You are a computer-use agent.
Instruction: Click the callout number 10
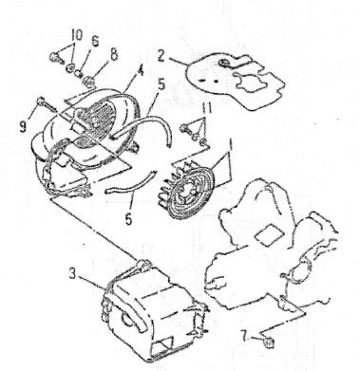(76, 35)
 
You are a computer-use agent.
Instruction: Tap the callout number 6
(95, 41)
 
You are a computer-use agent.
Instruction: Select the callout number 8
(114, 54)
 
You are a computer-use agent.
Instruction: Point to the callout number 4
(140, 69)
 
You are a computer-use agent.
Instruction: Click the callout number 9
(23, 126)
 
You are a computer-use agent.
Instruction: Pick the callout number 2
(161, 57)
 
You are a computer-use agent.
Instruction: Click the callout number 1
(231, 145)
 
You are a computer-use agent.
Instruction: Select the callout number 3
(73, 273)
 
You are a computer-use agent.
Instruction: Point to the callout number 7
(245, 336)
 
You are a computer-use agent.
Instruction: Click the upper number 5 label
(161, 85)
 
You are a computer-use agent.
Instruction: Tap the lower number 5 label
(128, 219)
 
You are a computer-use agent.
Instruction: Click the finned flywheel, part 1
(188, 189)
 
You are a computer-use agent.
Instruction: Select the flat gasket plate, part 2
(235, 82)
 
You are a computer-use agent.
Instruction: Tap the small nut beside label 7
(269, 343)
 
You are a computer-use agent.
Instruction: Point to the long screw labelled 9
(47, 105)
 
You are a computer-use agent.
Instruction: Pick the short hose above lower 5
(131, 182)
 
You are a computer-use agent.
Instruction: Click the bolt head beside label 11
(184, 129)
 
